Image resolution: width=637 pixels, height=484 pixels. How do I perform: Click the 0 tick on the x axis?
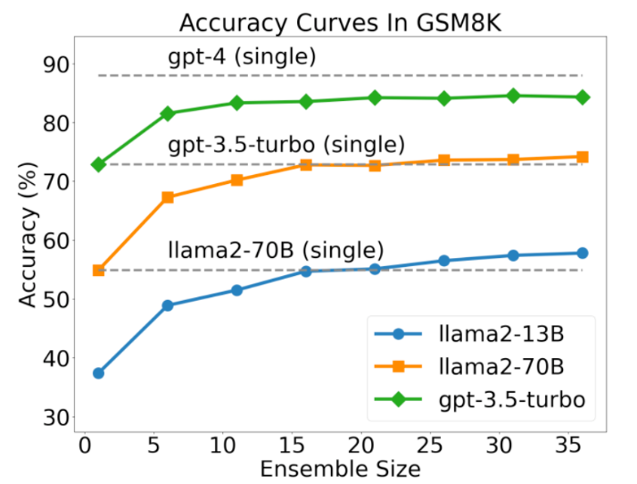(x=85, y=444)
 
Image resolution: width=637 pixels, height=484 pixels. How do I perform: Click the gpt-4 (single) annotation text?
(x=242, y=57)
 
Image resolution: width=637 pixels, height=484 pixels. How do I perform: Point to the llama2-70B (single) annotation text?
(x=276, y=250)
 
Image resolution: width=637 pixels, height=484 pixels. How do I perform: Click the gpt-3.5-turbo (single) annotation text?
(x=286, y=144)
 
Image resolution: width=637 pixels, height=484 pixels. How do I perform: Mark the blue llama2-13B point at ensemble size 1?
(x=98, y=373)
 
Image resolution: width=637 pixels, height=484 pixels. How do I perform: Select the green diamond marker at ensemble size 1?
(x=98, y=164)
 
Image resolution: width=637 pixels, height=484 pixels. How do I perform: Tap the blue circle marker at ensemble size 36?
(x=582, y=253)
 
